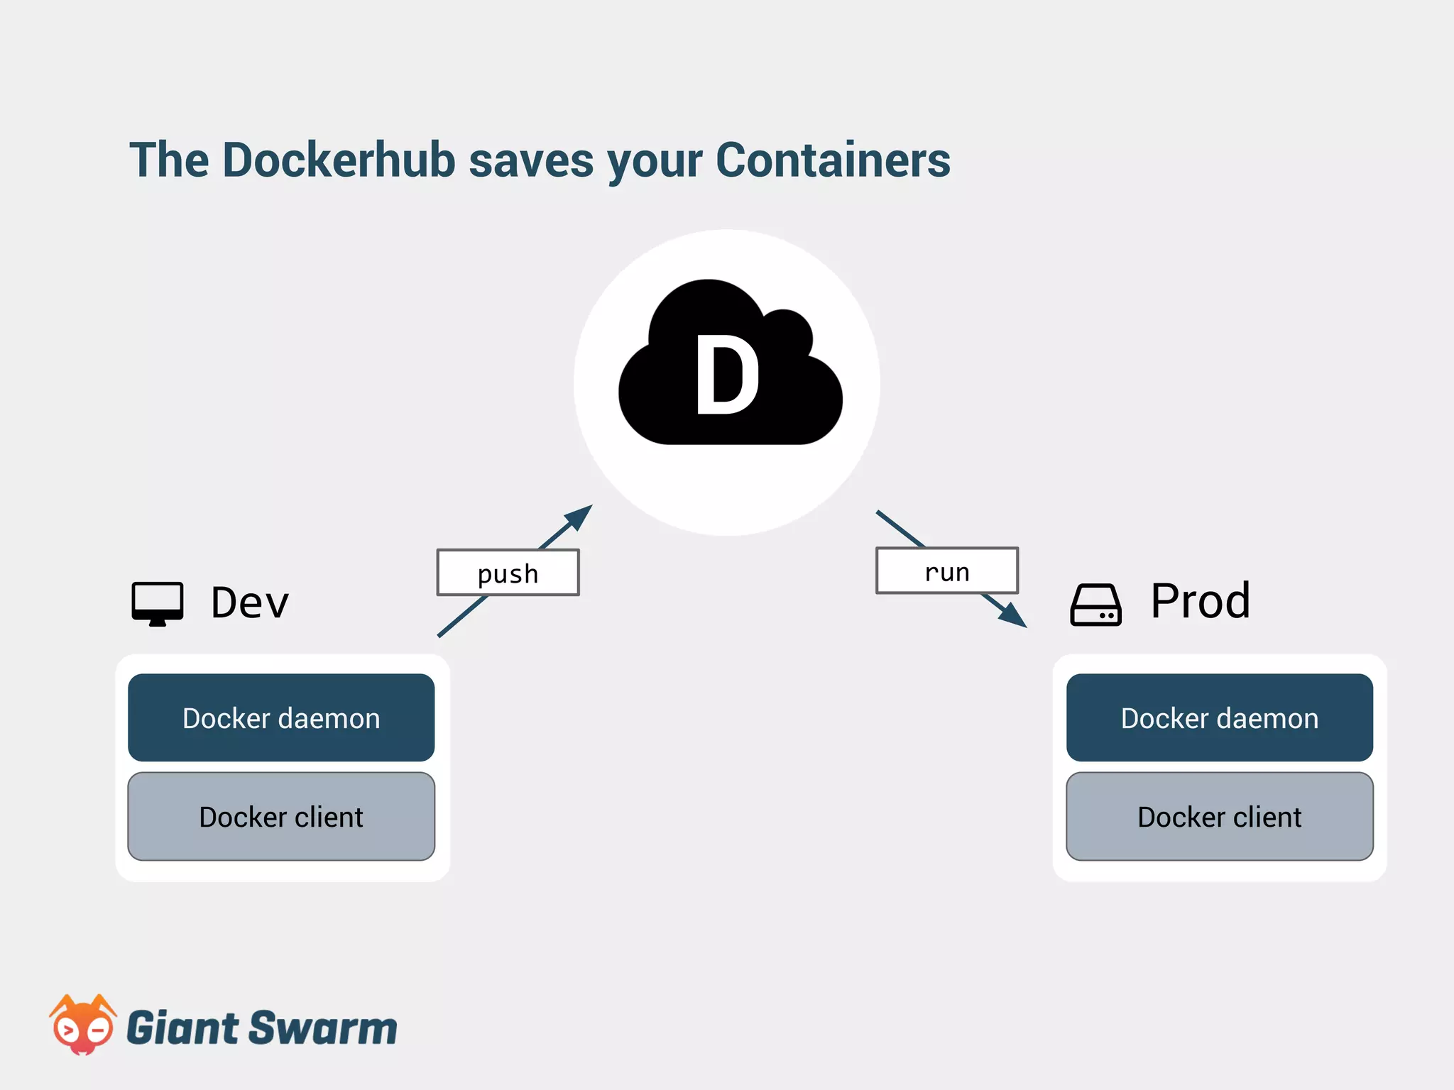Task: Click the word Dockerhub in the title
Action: [339, 160]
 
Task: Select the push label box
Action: [508, 573]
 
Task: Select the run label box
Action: [946, 571]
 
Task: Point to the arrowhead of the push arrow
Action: [581, 515]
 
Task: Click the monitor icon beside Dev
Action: [158, 604]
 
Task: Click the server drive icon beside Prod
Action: [1095, 605]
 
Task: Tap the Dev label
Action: [250, 603]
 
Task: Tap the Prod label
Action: [1200, 601]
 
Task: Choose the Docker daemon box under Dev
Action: [281, 717]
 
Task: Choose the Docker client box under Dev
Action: [281, 817]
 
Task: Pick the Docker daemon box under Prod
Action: [1219, 717]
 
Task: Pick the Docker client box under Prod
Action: [1219, 817]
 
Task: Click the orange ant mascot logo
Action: [82, 1025]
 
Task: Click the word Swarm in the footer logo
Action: [323, 1028]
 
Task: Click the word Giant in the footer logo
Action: [182, 1028]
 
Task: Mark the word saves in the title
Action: [531, 160]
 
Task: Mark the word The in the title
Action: [169, 160]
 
